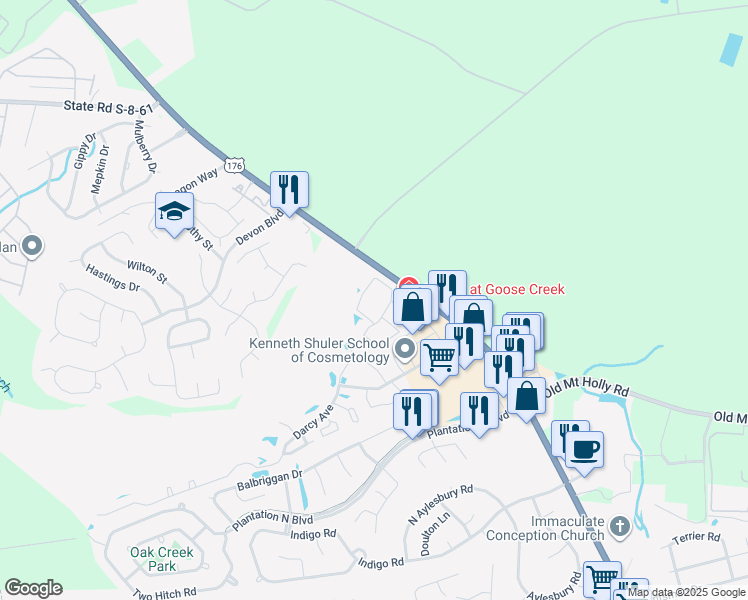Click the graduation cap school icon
pos(174,212)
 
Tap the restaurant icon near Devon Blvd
pos(289,188)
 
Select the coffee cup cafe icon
pos(585,447)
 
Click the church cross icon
pos(619,525)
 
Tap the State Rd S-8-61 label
pos(109,106)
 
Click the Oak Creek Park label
pos(161,559)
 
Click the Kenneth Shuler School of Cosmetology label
pos(320,351)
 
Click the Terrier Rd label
pos(697,538)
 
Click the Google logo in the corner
pos(33,588)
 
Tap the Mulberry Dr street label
pos(146,146)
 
